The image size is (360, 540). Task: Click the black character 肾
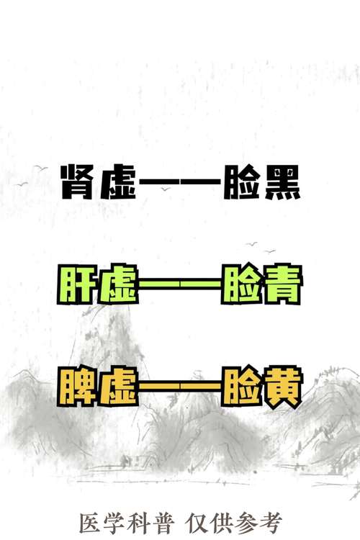[77, 182]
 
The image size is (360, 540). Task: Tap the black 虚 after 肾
[119, 182]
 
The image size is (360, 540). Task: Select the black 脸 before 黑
[240, 182]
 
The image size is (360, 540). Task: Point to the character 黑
[282, 182]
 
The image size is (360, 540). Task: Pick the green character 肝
[76, 284]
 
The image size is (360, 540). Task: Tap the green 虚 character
[118, 284]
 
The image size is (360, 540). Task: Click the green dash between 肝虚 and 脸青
[180, 284]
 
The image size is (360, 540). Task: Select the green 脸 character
[240, 284]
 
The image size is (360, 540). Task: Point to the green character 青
[282, 284]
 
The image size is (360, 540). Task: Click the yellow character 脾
[76, 387]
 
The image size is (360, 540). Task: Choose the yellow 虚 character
[118, 387]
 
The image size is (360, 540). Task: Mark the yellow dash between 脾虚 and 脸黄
[180, 386]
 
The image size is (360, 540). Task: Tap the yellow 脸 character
[240, 387]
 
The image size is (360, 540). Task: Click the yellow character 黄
[282, 387]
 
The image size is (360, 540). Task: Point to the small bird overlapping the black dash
[166, 189]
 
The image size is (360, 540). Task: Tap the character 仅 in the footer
[197, 523]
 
